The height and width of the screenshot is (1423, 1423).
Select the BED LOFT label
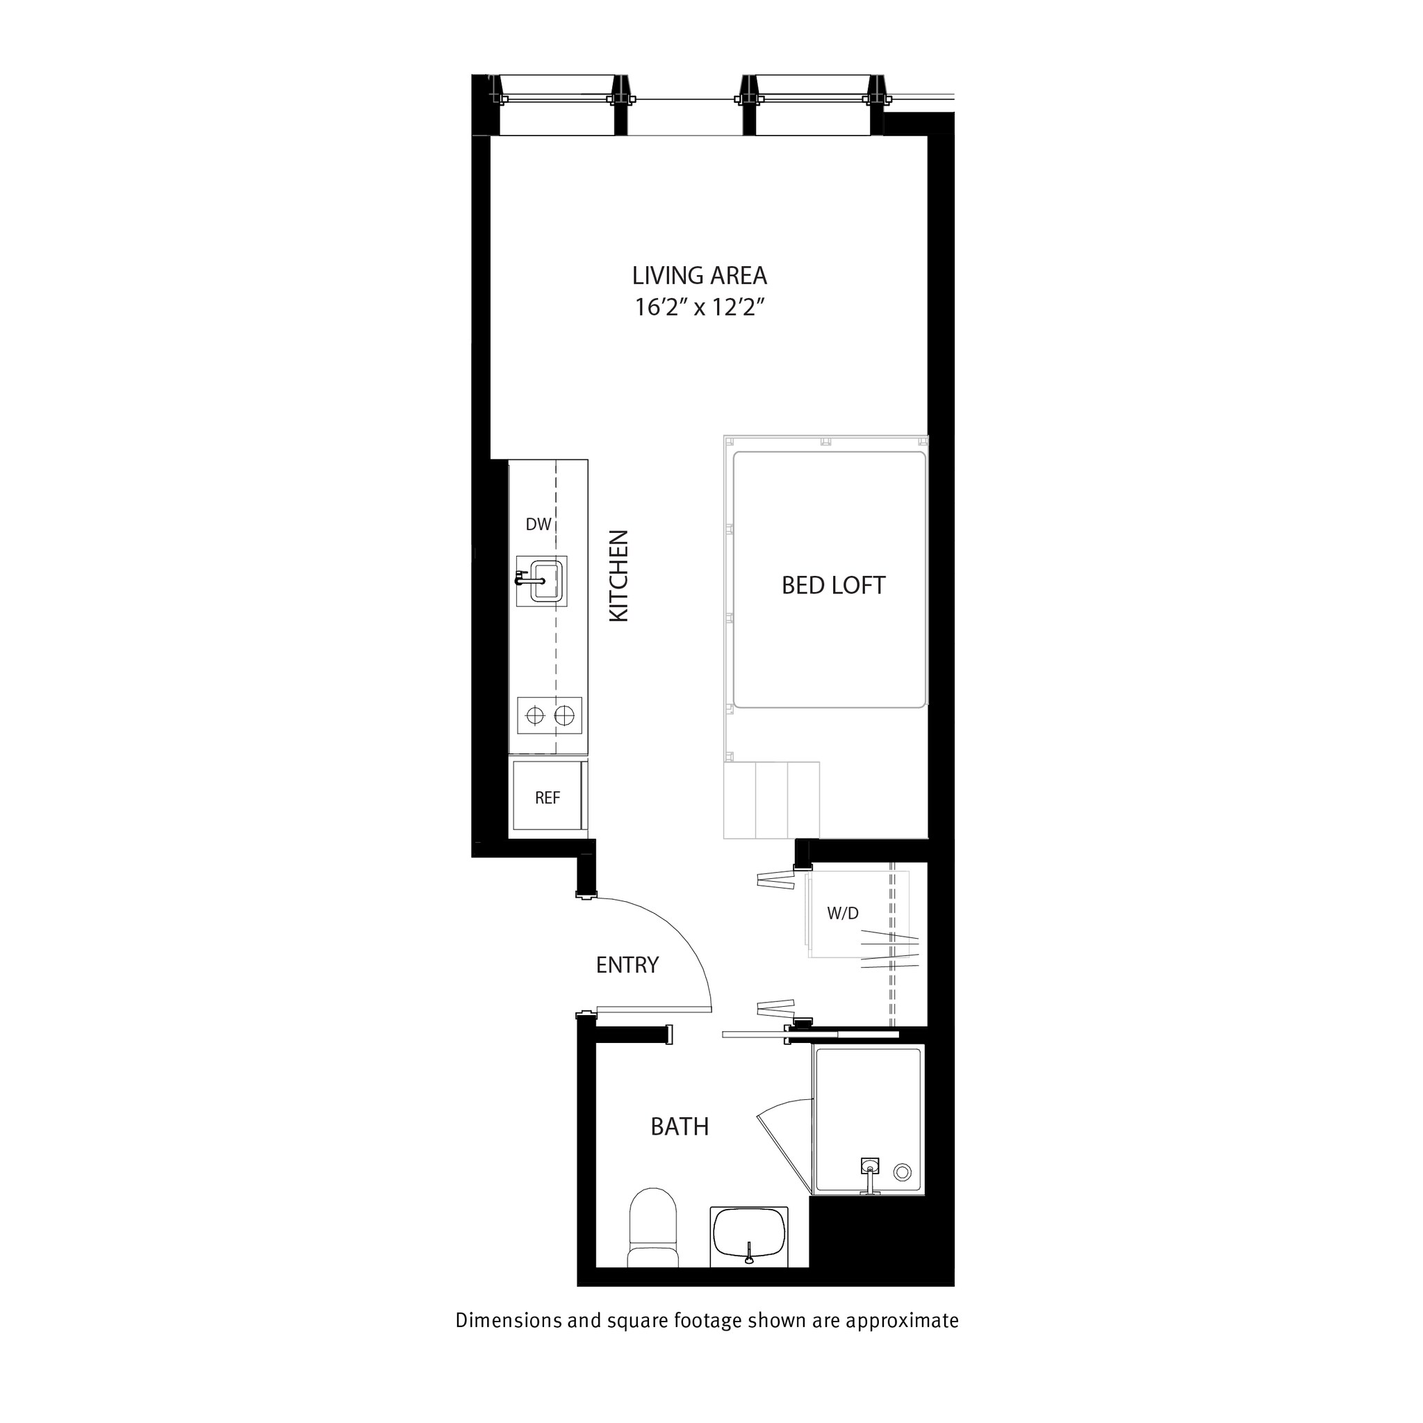833,586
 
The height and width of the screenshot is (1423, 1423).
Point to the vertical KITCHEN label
619,576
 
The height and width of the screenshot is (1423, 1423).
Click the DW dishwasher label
538,525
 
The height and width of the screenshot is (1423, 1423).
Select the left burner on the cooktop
534,715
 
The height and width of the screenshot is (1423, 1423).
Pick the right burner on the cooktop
564,715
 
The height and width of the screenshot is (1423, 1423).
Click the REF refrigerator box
548,798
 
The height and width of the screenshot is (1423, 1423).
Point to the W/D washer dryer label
843,913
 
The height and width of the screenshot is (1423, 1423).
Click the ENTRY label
627,965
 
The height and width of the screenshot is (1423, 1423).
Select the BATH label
679,1127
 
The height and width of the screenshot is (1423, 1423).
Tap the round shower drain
901,1172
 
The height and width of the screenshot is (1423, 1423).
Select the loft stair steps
771,800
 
